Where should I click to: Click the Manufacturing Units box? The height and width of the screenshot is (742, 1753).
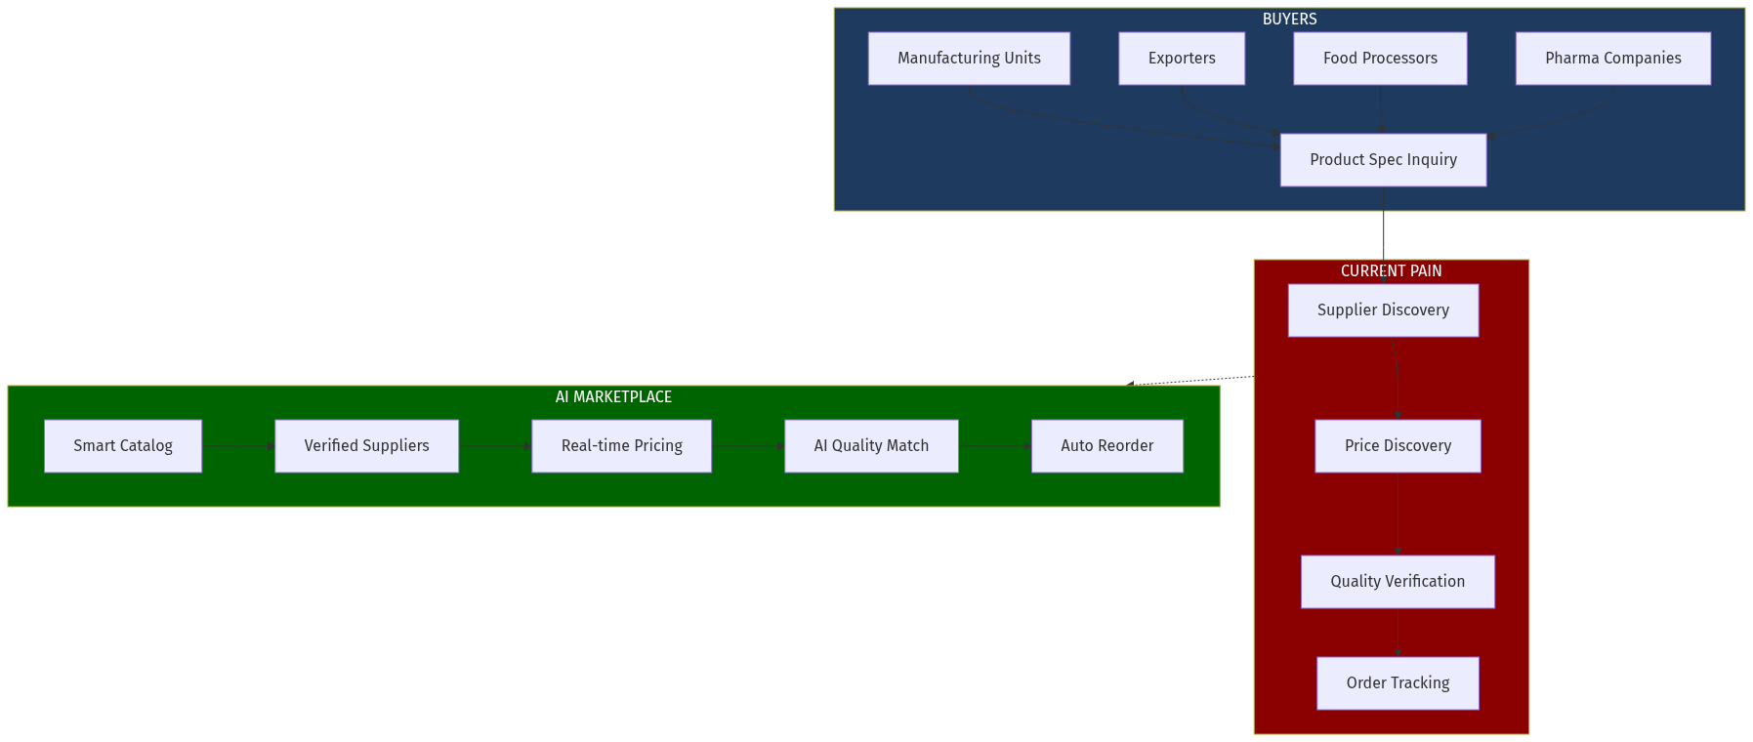click(969, 59)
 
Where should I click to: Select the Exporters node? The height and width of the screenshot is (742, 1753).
click(1182, 59)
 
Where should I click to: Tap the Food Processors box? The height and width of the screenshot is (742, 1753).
click(1380, 59)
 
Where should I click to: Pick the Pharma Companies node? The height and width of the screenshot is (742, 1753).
click(1612, 59)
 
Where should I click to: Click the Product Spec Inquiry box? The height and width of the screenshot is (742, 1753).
click(1383, 160)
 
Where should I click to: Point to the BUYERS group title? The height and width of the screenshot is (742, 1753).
click(1289, 20)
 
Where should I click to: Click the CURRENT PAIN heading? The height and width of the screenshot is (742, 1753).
click(1391, 271)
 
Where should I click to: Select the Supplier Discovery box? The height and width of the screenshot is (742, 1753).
click(1383, 310)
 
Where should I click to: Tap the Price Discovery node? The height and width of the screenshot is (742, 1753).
click(1398, 446)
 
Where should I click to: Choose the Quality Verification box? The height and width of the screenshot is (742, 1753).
click(1398, 582)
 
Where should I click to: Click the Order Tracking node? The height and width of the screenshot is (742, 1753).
click(1398, 683)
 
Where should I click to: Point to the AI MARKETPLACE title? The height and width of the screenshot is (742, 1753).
click(613, 397)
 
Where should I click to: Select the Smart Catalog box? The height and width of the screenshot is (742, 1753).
click(123, 446)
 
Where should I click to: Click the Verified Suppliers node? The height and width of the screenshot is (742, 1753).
click(366, 446)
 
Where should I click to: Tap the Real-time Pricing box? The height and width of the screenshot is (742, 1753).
click(621, 446)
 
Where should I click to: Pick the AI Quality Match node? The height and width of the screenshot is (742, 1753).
click(871, 446)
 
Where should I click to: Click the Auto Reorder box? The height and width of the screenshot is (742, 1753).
click(1106, 446)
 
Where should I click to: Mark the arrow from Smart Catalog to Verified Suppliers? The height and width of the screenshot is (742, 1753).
click(238, 446)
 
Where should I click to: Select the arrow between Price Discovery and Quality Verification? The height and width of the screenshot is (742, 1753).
click(1398, 514)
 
